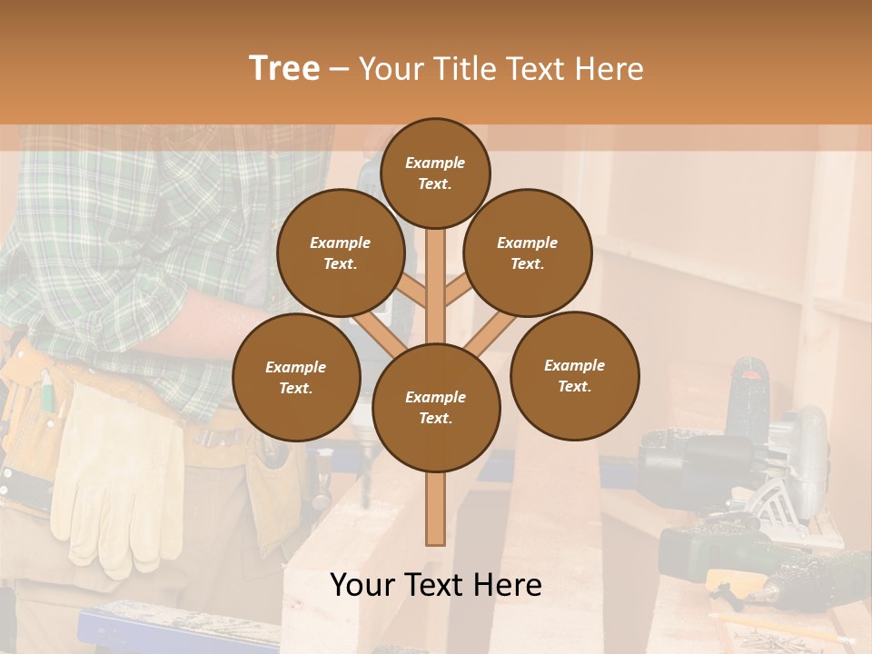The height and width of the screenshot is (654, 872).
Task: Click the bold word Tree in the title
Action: point(284,68)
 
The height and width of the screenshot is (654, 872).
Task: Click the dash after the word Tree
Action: point(340,70)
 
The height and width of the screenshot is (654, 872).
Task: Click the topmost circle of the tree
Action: point(435,173)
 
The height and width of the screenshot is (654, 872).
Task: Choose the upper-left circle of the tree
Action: point(340,253)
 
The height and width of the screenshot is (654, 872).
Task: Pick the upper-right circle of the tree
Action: point(527,253)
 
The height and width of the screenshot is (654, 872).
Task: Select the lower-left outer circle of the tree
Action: point(296,377)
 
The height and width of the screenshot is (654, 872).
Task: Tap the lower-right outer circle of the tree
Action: point(574,375)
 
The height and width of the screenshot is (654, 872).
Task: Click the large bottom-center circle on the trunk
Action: point(435,407)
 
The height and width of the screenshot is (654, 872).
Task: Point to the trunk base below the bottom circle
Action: point(435,509)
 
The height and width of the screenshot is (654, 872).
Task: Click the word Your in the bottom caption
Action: point(362,586)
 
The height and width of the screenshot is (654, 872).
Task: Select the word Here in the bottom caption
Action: point(510,586)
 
